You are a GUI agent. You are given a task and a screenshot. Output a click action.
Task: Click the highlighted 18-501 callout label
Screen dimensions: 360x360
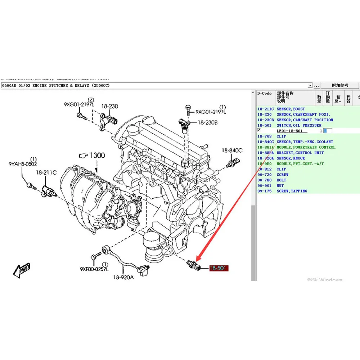(x=219, y=269)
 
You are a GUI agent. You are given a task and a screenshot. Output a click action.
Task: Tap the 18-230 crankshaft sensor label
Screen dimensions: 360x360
(x=109, y=107)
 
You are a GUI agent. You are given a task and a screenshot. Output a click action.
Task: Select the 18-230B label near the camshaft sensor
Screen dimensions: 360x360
(x=207, y=123)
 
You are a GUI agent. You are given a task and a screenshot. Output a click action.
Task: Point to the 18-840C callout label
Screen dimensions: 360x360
(x=232, y=150)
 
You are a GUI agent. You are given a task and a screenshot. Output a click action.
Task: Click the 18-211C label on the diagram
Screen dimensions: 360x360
(x=46, y=173)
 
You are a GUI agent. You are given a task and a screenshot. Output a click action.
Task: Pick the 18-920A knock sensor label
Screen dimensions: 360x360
(x=123, y=277)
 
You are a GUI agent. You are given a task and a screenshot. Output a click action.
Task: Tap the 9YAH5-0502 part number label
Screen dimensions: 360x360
(x=22, y=164)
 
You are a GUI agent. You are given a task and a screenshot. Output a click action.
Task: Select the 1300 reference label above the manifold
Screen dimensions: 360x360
(x=97, y=156)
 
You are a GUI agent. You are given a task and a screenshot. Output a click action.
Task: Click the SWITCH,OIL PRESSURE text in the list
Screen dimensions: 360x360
(x=299, y=125)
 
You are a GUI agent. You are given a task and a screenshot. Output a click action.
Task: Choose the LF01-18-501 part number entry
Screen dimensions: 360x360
(x=289, y=131)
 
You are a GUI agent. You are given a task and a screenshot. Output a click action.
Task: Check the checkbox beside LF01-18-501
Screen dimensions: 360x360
(x=259, y=130)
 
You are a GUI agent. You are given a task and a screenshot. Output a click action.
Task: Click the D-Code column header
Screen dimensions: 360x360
(x=265, y=94)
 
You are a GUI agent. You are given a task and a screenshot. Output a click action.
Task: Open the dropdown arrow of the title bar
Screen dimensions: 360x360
(x=310, y=86)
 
